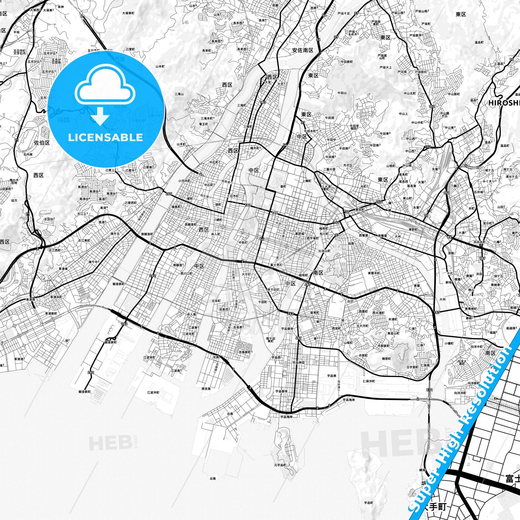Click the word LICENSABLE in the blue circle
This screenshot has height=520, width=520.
105,137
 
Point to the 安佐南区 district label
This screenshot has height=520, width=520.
303,50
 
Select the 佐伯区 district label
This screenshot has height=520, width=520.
42,143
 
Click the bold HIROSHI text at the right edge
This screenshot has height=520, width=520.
504,103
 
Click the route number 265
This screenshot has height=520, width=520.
168,194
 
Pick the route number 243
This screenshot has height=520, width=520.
291,313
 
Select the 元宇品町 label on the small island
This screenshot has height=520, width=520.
280,465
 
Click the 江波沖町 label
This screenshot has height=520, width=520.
153,392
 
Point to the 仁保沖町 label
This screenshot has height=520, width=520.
369,381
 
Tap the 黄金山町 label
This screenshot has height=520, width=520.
393,333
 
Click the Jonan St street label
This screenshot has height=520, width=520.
258,186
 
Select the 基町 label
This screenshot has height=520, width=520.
283,186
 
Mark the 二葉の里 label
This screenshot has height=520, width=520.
329,169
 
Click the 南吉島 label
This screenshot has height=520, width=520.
206,389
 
